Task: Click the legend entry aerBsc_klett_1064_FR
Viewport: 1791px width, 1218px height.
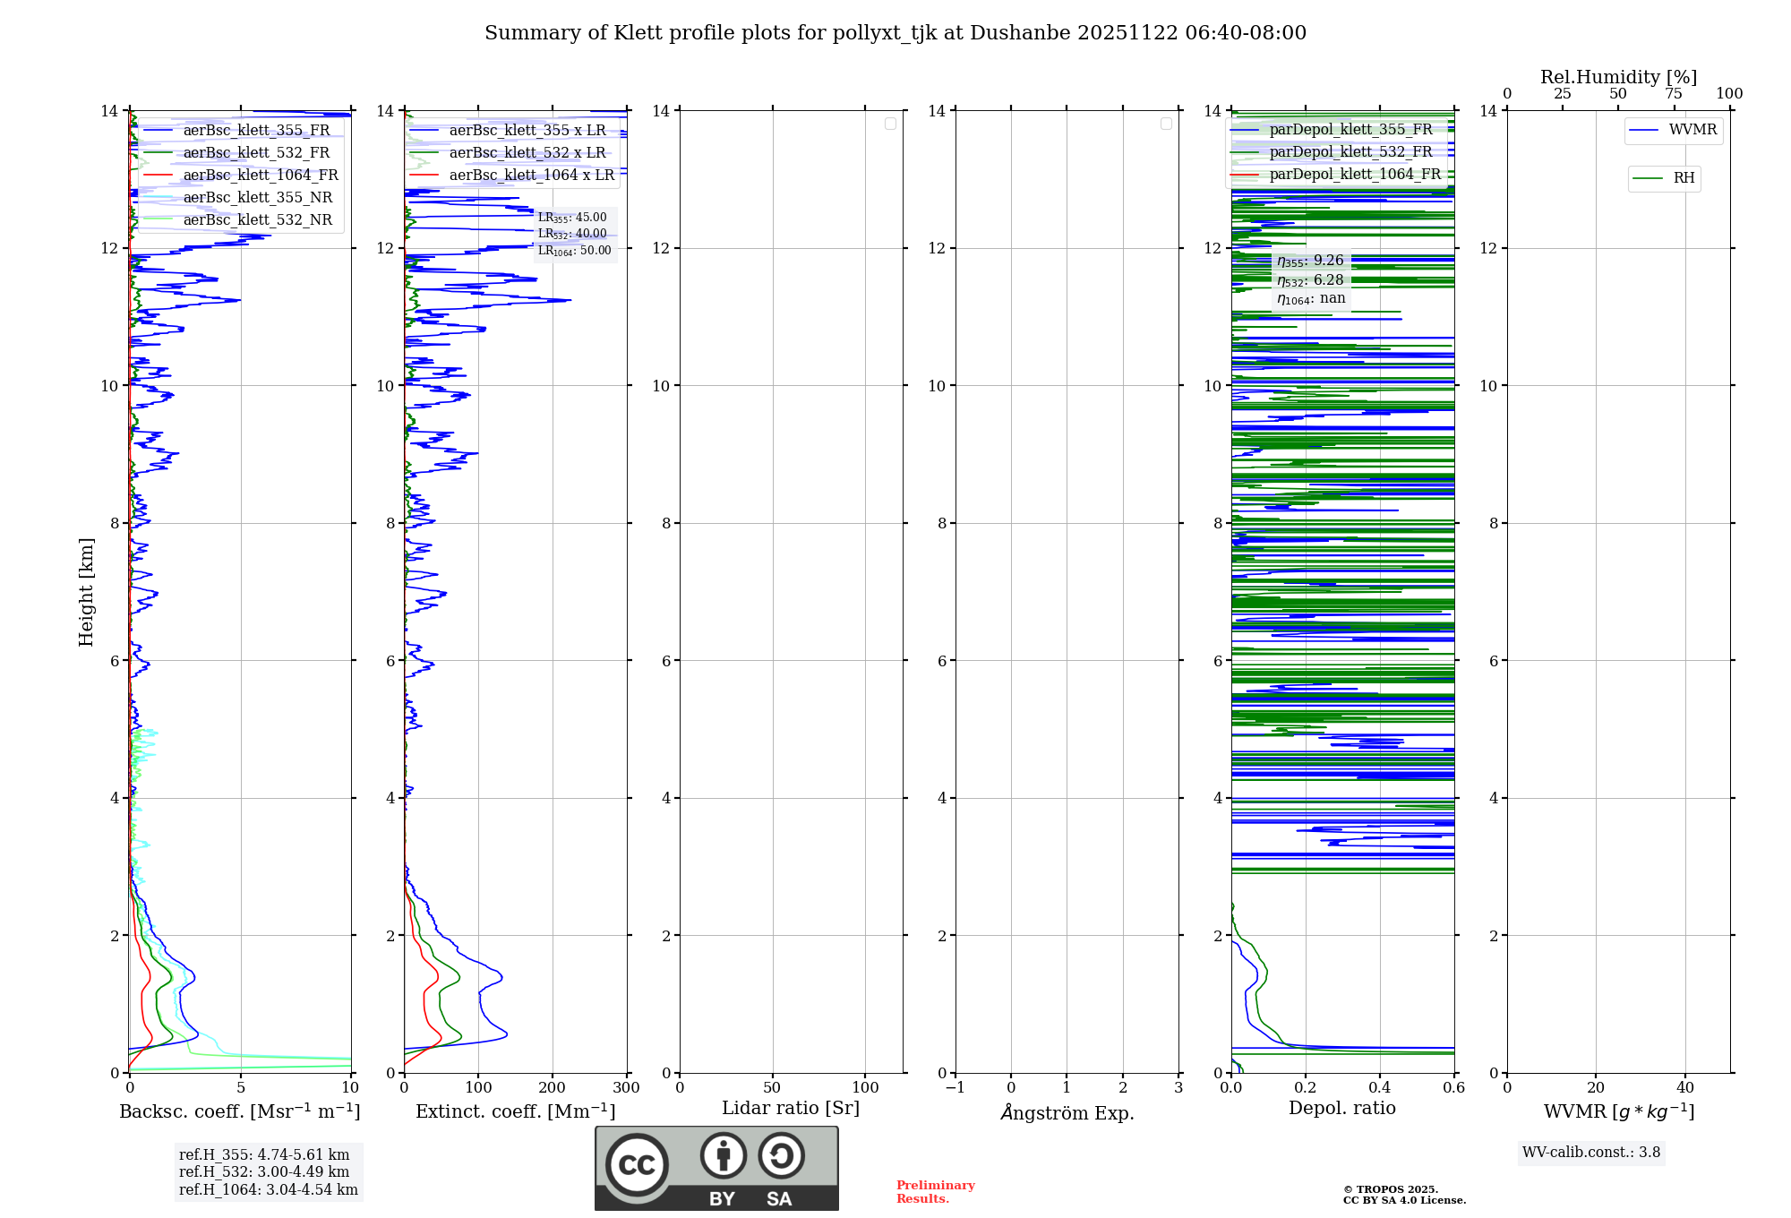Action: coord(260,176)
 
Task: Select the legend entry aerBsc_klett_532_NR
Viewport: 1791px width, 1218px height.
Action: coord(257,220)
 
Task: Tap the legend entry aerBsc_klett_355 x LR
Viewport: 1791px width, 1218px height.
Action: coord(527,131)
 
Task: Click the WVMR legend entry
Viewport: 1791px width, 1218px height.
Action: coord(1692,130)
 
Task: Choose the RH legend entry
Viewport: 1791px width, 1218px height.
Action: coord(1683,178)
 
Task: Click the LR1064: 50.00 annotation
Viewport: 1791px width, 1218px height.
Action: coord(574,251)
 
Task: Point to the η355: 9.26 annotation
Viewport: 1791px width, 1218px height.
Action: coord(1310,261)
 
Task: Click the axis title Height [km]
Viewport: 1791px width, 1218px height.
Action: coord(86,592)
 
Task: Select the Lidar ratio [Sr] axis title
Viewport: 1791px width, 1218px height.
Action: coord(791,1109)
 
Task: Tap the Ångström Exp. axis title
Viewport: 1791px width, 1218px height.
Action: coord(1067,1113)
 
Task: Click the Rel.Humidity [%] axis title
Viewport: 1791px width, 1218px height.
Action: coord(1618,77)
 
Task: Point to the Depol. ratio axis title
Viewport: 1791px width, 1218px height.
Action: coord(1341,1109)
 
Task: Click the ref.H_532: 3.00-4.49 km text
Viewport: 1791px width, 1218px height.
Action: coord(264,1172)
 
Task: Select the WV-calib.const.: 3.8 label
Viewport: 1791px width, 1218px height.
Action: coord(1590,1153)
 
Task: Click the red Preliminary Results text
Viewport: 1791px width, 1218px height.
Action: coord(935,1192)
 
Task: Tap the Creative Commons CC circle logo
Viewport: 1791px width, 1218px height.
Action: coord(637,1165)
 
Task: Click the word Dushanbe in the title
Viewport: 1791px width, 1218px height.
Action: coord(1020,33)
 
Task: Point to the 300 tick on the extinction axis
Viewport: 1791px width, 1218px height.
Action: coord(626,1088)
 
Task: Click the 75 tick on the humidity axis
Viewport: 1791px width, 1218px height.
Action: coord(1673,94)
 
